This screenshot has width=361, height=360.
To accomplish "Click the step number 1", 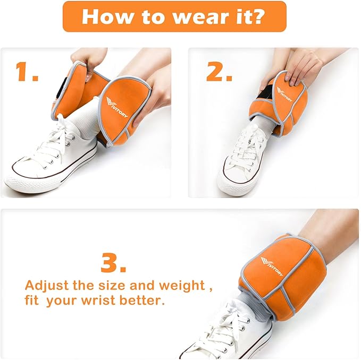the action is [26, 72].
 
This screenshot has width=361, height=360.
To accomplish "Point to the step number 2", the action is [219, 72].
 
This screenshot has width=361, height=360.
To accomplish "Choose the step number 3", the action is [113, 262].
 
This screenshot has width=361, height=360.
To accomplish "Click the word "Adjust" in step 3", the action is [47, 286].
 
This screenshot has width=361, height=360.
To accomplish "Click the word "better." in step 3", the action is [142, 301].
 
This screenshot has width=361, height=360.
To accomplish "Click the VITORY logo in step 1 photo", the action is [116, 107].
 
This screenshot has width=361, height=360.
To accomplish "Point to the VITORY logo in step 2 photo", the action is [284, 94].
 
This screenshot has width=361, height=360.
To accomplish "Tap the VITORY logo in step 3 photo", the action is [272, 267].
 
